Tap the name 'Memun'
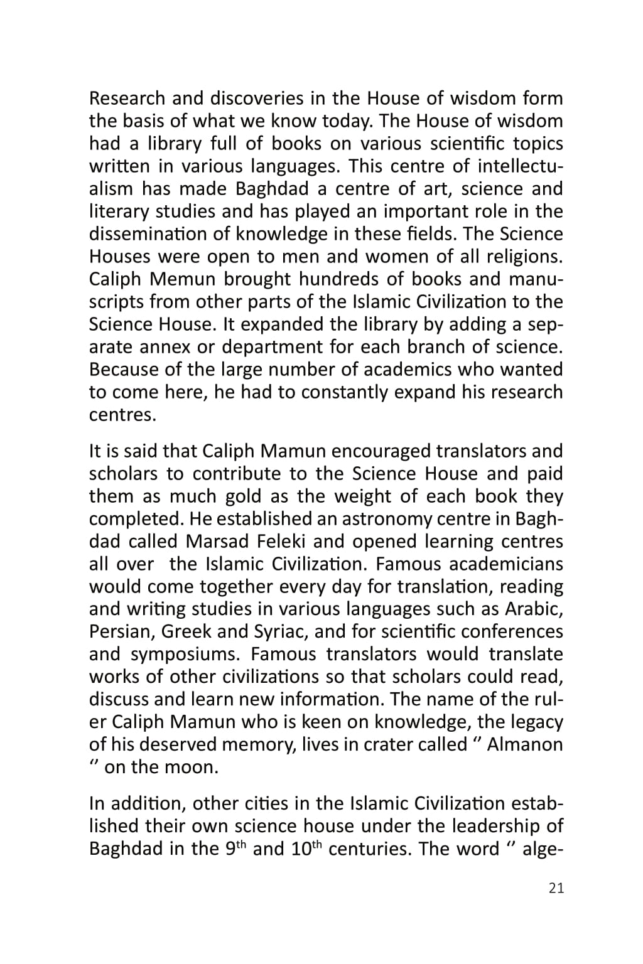click(x=183, y=279)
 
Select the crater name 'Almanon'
click(x=525, y=745)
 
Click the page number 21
click(x=556, y=888)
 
